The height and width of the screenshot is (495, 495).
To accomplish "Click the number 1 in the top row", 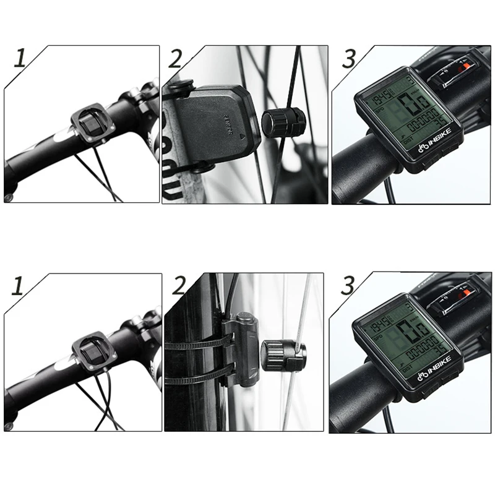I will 20,59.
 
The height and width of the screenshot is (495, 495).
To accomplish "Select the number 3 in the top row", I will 350,59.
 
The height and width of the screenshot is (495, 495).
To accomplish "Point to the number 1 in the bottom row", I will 19,285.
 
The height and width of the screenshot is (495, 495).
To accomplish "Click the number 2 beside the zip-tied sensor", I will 179,285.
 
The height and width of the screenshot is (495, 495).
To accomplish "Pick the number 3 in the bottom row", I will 348,286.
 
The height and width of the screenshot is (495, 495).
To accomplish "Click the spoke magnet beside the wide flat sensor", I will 283,121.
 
